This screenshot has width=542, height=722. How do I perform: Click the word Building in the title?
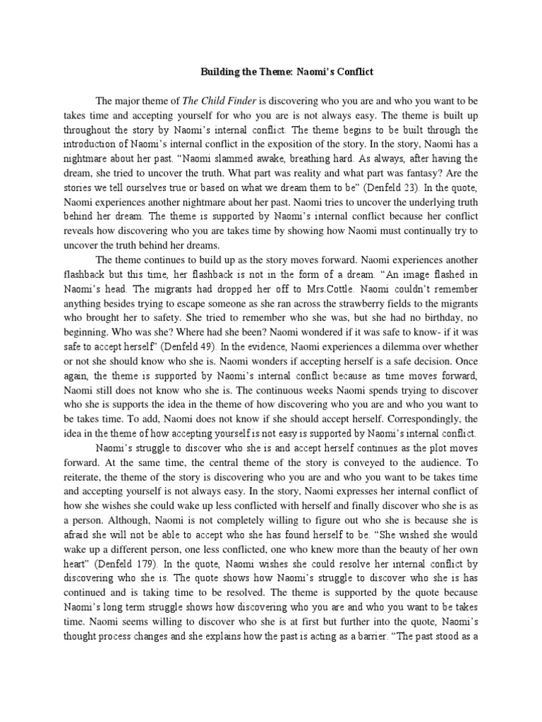point(220,72)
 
